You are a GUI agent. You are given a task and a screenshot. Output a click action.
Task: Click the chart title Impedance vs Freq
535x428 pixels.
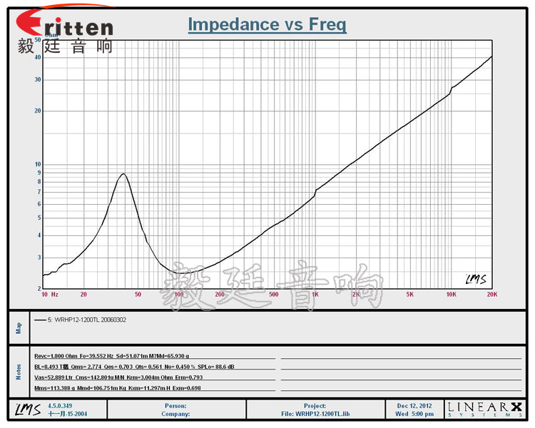267,25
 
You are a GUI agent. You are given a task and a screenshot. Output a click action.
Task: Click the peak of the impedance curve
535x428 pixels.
123,174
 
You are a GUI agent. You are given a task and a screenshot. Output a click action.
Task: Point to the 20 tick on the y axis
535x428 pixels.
37,111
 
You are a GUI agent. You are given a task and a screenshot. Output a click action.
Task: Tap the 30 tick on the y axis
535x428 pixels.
37,79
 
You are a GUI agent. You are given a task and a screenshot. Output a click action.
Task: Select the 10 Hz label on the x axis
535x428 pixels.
49,294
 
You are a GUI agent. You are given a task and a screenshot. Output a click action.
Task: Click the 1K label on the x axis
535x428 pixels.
315,294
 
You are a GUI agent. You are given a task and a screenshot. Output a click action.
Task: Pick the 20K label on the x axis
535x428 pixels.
490,294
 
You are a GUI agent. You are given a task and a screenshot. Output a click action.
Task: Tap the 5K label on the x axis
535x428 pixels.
409,294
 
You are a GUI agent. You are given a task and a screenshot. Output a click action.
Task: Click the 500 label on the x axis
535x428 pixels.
273,294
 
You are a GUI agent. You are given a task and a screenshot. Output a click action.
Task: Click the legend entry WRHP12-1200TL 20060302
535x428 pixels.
86,320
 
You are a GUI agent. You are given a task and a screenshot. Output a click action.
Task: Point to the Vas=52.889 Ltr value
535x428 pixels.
55,377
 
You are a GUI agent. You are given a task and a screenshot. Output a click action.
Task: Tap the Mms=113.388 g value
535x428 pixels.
56,387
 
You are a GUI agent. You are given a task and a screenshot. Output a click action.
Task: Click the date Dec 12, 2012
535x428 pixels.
414,406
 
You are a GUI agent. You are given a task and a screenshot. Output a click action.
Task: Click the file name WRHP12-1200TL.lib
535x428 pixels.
322,414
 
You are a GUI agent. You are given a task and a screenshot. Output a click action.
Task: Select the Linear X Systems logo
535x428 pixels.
484,409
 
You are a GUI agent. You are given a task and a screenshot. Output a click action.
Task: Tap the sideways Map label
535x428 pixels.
19,327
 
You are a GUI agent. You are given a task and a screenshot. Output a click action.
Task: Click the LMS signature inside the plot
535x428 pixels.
476,279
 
